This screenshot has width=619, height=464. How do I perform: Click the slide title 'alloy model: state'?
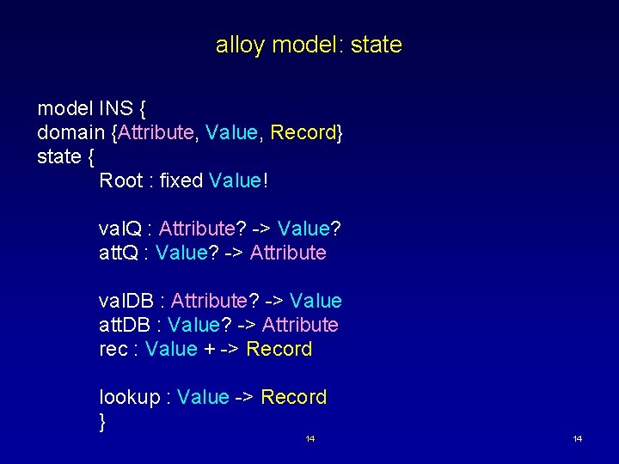pos(309,45)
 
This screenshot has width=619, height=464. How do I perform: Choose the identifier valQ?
pos(120,229)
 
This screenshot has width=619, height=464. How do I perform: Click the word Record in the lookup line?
pos(293,398)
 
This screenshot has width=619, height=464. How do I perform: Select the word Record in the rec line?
pos(279,350)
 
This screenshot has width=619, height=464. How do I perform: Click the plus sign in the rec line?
pos(210,350)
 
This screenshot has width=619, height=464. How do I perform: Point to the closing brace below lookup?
pos(103,421)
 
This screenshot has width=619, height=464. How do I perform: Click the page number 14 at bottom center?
pos(310,439)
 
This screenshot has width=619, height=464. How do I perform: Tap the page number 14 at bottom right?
pos(577,439)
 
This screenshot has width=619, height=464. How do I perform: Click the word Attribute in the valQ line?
pos(197,229)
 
